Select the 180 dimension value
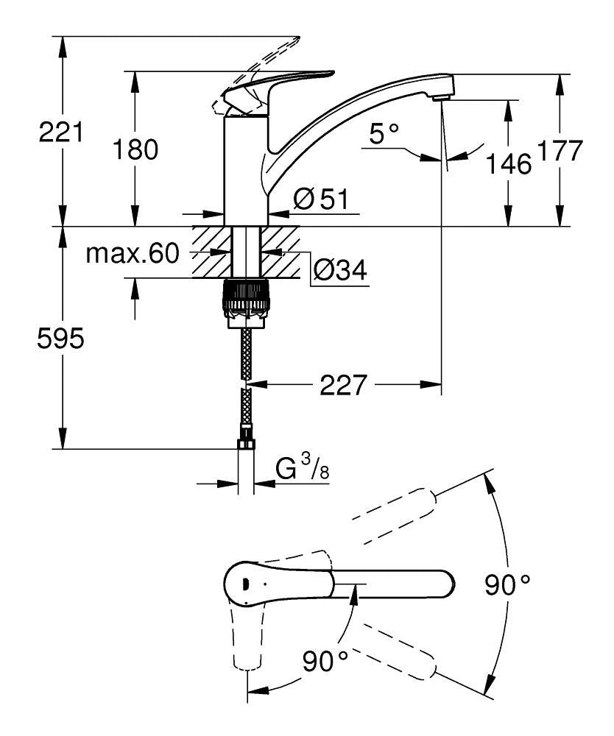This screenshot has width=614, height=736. click(136, 149)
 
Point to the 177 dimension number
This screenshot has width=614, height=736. click(559, 151)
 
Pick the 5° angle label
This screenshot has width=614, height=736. click(384, 134)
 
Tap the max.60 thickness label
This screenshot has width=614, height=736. click(133, 255)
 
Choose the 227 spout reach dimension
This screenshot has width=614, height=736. click(343, 385)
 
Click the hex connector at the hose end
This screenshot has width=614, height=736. click(246, 443)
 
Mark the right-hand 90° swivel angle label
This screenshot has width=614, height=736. click(507, 585)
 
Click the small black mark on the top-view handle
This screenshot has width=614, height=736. click(241, 583)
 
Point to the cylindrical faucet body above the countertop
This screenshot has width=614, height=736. click(245, 169)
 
